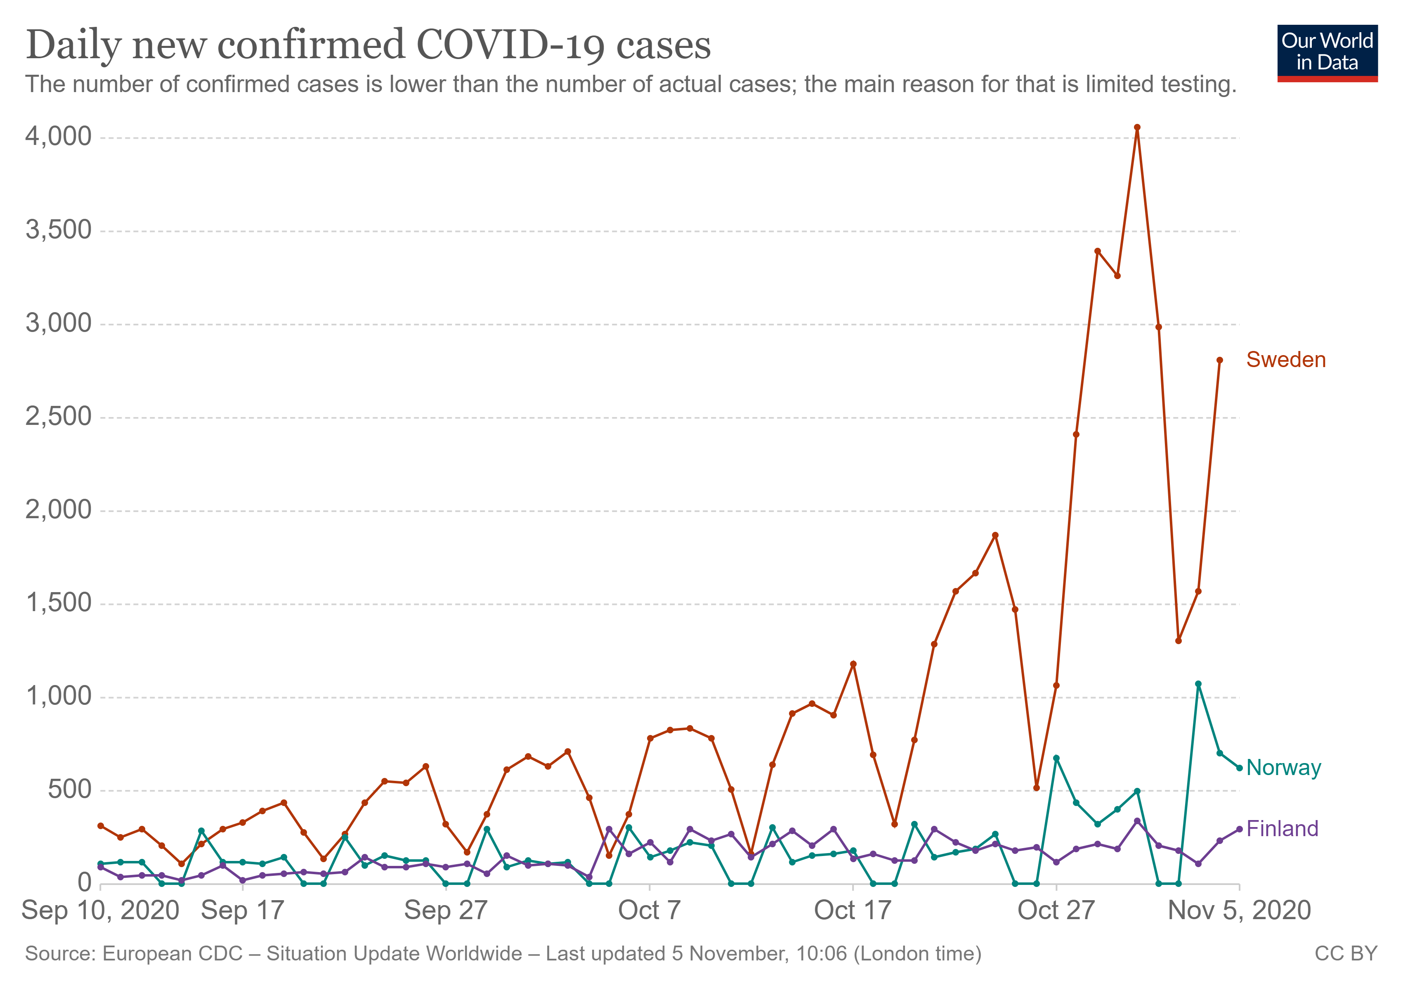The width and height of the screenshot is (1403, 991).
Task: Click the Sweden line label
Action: coord(1286,360)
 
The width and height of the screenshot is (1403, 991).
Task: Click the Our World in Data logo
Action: coord(1327,52)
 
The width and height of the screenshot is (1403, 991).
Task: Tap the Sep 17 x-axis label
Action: coord(243,910)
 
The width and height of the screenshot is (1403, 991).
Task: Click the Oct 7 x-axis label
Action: coord(649,910)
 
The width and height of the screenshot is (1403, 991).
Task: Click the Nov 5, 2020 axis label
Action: coord(1239,910)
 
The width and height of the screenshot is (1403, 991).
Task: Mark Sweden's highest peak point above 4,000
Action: coord(1137,128)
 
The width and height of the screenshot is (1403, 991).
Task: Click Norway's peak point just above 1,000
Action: coord(1198,684)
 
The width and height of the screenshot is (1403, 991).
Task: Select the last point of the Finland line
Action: coord(1239,829)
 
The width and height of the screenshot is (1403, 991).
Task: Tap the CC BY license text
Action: coord(1346,954)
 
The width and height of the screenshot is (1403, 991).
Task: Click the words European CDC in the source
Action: coord(172,954)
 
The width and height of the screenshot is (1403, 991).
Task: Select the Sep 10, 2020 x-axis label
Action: coord(101,910)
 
